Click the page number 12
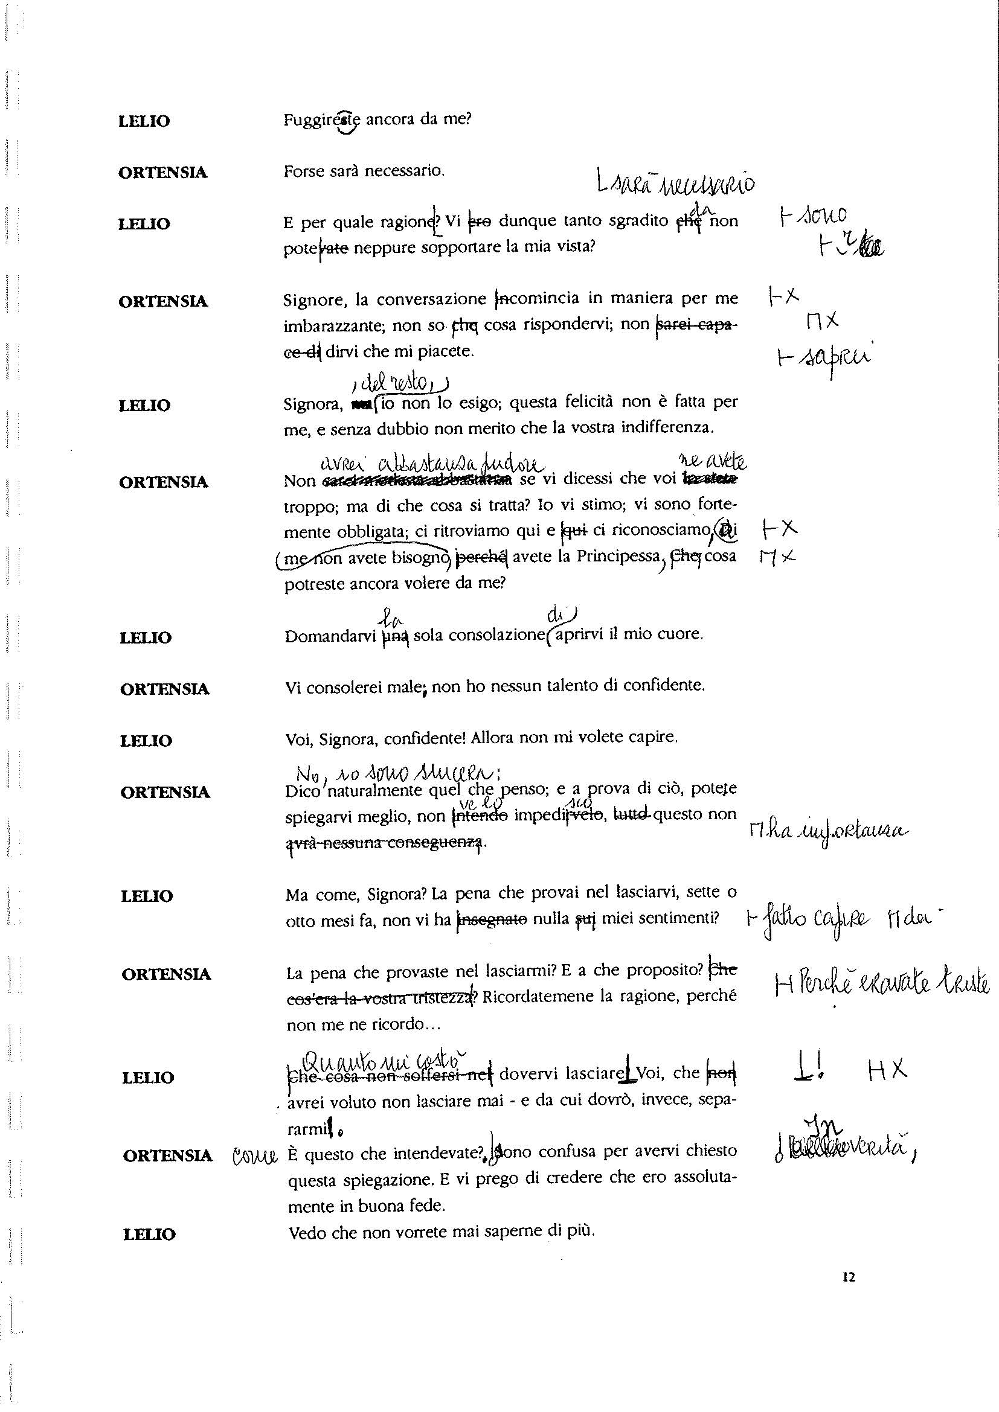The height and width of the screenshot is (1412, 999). (x=849, y=1277)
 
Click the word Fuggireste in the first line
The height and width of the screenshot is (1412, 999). (x=323, y=120)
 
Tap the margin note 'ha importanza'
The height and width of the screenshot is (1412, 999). (x=827, y=831)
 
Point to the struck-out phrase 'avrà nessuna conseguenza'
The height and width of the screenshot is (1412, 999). (x=387, y=843)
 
